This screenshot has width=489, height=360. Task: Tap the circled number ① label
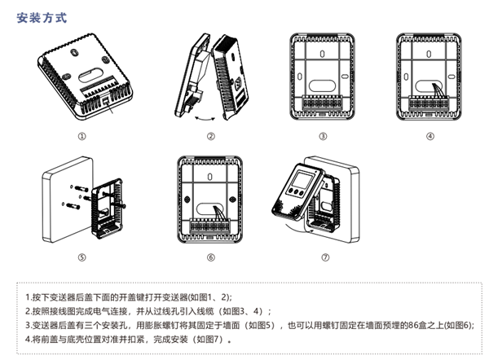81,136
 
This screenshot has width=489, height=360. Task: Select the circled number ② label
211,136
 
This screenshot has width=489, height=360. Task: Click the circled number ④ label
430,136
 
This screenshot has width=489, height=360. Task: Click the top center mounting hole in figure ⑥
210,173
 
